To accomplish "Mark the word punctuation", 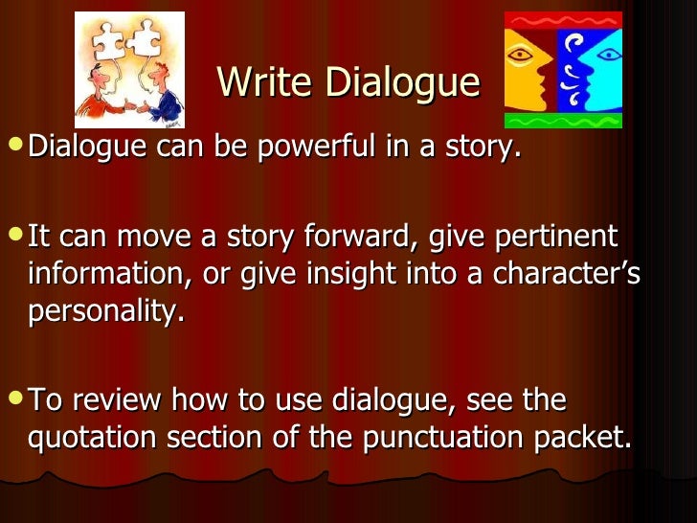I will pos(445,438).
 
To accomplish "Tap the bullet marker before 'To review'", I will pos(15,399).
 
